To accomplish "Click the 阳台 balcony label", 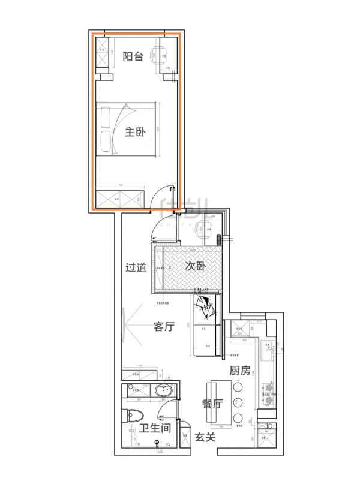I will point(133,56).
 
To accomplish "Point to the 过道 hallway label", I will point(136,267).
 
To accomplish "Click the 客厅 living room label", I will point(164,327).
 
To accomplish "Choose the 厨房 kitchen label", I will point(239,371).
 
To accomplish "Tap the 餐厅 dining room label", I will point(212,404).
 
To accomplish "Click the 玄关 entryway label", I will point(205,437).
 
